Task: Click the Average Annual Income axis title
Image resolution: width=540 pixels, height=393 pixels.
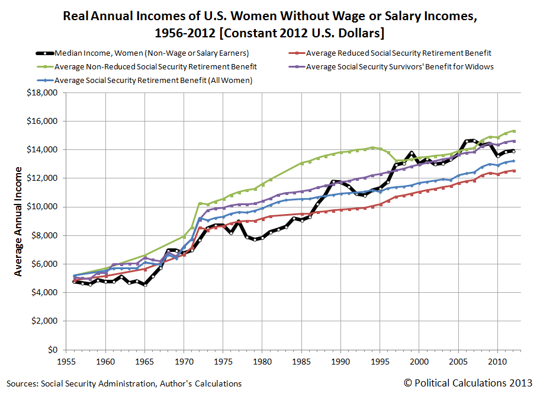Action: pos(18,221)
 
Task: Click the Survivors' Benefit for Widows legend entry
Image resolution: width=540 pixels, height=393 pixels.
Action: pos(400,66)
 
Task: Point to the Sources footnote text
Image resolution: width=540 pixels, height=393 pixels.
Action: pos(124,384)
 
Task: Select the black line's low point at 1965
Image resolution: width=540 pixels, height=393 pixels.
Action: pos(145,285)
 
